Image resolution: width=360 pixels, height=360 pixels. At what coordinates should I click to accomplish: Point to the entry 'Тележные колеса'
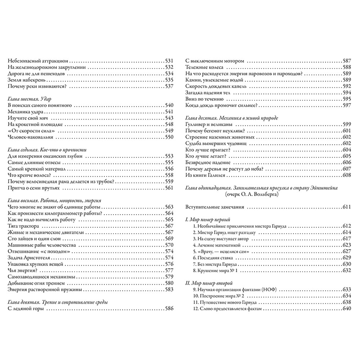(204, 67)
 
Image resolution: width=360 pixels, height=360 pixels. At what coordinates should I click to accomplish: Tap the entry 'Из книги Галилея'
(204, 175)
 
